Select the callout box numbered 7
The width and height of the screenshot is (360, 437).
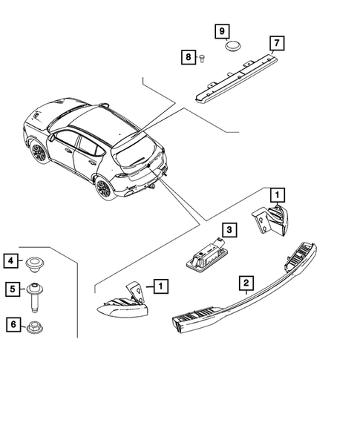[276, 42]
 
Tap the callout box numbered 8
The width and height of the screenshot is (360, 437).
[189, 57]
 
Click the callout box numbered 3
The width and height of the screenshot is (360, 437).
[230, 230]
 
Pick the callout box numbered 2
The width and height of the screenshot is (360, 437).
[243, 283]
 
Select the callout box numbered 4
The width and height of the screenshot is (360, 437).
[11, 260]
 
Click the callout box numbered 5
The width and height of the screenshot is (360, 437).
[11, 289]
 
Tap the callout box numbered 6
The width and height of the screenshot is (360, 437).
[11, 323]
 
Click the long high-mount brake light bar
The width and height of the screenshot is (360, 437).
[238, 75]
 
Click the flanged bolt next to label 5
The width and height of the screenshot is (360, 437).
[35, 295]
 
